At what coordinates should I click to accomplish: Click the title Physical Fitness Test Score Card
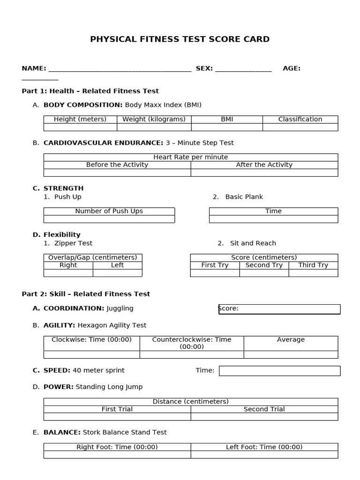pos(180,39)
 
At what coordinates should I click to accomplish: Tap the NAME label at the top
pos(33,68)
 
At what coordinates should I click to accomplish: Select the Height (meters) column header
pos(80,120)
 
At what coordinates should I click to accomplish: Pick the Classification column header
pos(300,120)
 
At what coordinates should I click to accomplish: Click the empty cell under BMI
pos(227,127)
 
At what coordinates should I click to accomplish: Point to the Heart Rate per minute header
pos(190,157)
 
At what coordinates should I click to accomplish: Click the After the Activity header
pos(264,165)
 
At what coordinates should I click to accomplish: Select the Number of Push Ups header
pos(109,211)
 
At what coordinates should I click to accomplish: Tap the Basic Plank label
pos(244,197)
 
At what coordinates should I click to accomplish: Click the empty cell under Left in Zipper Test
pos(117,273)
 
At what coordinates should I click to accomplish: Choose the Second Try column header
pos(264,265)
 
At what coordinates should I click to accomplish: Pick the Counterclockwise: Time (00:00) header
pos(191,343)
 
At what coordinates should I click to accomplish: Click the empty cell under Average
pos(291,355)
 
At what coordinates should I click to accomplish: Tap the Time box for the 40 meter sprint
pos(279,371)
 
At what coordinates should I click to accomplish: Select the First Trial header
pos(117,409)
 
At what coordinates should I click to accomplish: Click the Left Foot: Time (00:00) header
pos(264,447)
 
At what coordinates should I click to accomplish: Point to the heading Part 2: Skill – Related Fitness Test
pos(86,294)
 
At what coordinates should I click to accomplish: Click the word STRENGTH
pos(63,188)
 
